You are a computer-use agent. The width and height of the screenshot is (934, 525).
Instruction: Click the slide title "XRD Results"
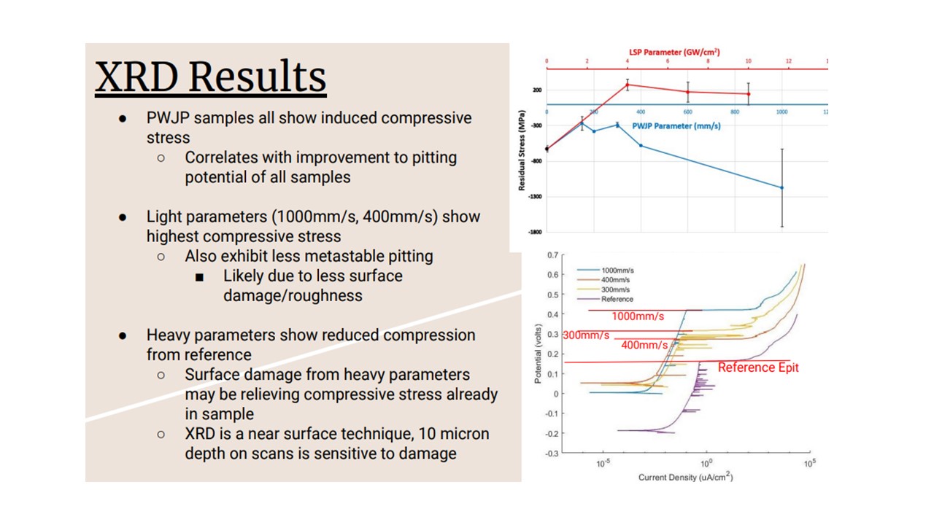point(210,77)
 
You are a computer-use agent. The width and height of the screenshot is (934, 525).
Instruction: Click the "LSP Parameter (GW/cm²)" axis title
point(674,52)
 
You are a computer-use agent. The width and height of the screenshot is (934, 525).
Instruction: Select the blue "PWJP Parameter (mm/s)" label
point(676,126)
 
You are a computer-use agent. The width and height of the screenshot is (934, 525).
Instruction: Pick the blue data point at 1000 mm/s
point(781,188)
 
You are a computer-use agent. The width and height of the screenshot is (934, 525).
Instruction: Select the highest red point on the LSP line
point(628,85)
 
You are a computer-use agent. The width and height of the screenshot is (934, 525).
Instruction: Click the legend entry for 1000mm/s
point(617,270)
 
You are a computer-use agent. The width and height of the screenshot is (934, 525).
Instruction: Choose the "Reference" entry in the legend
point(617,299)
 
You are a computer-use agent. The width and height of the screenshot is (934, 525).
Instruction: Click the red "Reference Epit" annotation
point(758,367)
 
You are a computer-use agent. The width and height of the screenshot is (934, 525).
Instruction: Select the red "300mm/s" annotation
point(586,335)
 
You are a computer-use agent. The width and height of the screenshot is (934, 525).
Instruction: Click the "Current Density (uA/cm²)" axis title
point(685,478)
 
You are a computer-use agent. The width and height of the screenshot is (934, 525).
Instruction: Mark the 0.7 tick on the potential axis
point(552,255)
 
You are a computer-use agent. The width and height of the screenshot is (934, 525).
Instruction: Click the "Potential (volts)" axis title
point(539,354)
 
